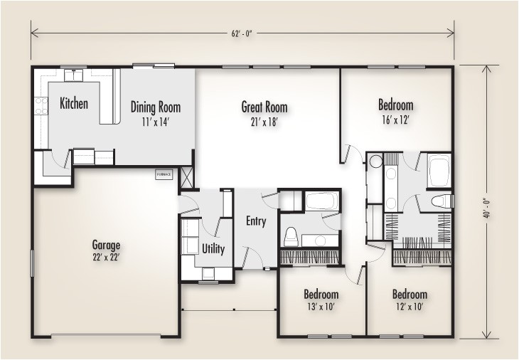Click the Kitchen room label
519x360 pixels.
click(x=73, y=104)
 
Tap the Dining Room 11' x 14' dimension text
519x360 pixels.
click(x=155, y=122)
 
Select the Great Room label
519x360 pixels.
click(x=264, y=107)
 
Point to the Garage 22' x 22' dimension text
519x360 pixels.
click(x=105, y=256)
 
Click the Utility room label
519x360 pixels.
click(x=213, y=248)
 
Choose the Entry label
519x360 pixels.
click(x=256, y=221)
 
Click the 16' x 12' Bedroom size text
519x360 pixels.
click(x=395, y=120)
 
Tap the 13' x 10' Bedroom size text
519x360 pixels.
click(x=321, y=307)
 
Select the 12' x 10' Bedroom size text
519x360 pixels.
click(x=410, y=307)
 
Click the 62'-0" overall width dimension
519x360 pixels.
click(x=241, y=30)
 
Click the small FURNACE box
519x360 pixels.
click(x=164, y=174)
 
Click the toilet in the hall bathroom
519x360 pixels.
click(x=290, y=234)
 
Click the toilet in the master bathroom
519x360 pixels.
click(x=441, y=201)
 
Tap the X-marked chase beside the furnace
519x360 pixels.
click(x=187, y=176)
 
